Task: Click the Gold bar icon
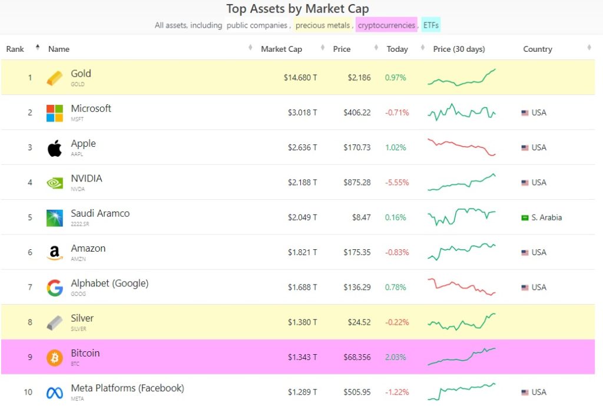coord(54,78)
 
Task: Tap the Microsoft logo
coord(54,113)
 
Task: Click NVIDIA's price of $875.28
coord(357,183)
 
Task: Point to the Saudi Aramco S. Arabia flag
coord(525,217)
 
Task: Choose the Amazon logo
coord(54,253)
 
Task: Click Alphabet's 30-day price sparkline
coord(462,286)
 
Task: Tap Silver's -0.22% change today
coord(396,322)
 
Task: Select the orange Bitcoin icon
coord(54,358)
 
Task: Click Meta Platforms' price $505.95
coord(357,392)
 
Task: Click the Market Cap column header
coord(281,49)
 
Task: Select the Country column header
coord(537,49)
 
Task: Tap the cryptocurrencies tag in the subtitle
coord(386,25)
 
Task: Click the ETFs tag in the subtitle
coord(430,25)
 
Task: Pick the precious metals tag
coord(323,25)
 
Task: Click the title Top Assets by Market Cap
coord(297,9)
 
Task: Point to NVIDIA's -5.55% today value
coord(396,183)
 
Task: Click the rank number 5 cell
coord(30,217)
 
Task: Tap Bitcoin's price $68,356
coord(357,357)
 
